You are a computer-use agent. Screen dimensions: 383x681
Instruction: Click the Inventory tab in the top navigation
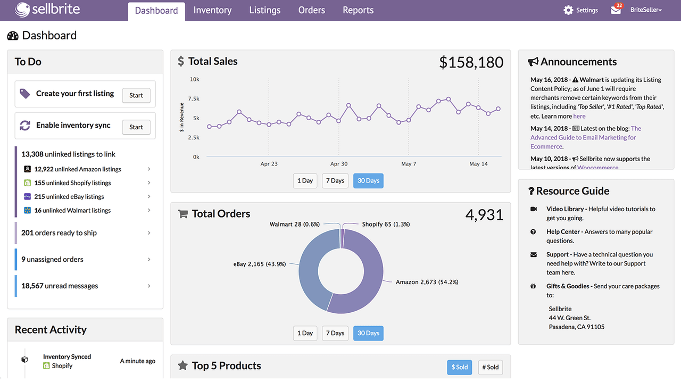212,11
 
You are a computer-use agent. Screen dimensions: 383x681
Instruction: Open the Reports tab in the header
358,11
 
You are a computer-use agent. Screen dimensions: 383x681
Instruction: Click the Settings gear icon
569,10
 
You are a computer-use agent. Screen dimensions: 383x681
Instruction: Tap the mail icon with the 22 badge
616,10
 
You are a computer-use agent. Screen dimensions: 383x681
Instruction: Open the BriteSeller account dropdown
645,10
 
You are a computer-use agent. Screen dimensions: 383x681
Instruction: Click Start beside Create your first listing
136,95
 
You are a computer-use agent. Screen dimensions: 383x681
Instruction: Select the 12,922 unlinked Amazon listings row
78,169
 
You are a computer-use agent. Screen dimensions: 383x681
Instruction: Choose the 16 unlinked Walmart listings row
72,211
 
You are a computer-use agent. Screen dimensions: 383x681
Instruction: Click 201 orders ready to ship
59,233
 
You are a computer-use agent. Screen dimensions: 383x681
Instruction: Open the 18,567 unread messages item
60,286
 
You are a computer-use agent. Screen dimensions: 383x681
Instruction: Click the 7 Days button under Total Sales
335,181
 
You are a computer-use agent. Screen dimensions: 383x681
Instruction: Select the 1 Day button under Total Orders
305,334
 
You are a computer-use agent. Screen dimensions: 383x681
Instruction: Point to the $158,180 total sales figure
471,62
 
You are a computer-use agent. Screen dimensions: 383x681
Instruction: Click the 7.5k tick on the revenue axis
194,99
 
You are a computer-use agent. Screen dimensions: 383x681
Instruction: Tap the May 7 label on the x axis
409,164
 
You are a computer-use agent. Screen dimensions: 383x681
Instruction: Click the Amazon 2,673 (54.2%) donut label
427,282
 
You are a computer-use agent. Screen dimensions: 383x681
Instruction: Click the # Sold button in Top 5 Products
490,367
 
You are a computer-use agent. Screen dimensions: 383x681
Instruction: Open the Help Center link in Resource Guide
564,232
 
